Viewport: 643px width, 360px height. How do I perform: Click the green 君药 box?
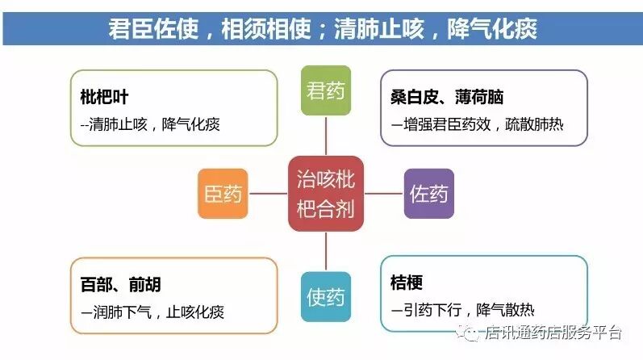click(326, 90)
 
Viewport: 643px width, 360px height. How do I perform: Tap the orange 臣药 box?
click(223, 194)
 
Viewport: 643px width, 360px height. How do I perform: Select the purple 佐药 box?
click(428, 194)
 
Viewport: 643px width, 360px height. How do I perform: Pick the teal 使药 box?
click(326, 297)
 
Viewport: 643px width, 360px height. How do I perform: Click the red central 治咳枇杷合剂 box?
click(326, 194)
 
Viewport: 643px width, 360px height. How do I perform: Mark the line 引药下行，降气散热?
click(461, 310)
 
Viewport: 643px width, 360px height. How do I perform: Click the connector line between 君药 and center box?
click(326, 136)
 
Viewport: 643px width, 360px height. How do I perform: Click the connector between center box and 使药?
click(326, 252)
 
